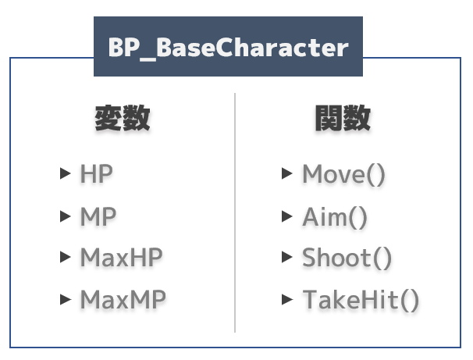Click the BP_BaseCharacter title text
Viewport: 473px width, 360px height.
click(229, 48)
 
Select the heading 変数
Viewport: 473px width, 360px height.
click(123, 118)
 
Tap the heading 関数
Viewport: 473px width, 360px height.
click(343, 118)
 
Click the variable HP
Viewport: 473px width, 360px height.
click(97, 173)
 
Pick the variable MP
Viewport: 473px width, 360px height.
click(98, 216)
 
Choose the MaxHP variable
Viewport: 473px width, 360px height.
click(121, 257)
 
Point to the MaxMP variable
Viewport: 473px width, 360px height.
click(123, 299)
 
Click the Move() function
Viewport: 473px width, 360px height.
click(344, 174)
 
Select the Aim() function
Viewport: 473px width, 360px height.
click(335, 216)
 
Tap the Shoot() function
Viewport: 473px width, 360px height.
click(347, 258)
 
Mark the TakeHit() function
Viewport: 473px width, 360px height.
click(361, 300)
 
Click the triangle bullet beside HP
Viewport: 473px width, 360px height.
click(66, 173)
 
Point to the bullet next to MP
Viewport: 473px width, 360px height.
click(66, 216)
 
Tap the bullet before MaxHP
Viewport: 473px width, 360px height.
click(66, 257)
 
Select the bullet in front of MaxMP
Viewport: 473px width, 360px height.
click(66, 299)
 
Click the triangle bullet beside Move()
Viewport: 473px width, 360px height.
click(287, 173)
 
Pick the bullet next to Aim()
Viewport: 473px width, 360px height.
click(287, 216)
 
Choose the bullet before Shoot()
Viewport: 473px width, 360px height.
click(287, 257)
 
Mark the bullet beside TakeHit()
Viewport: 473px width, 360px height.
click(287, 299)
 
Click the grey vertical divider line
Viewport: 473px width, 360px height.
click(235, 212)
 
